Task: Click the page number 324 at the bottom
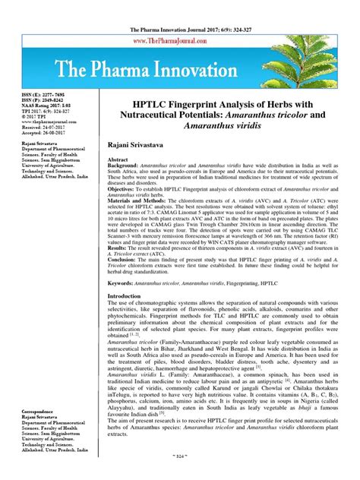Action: (x=180, y=472)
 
